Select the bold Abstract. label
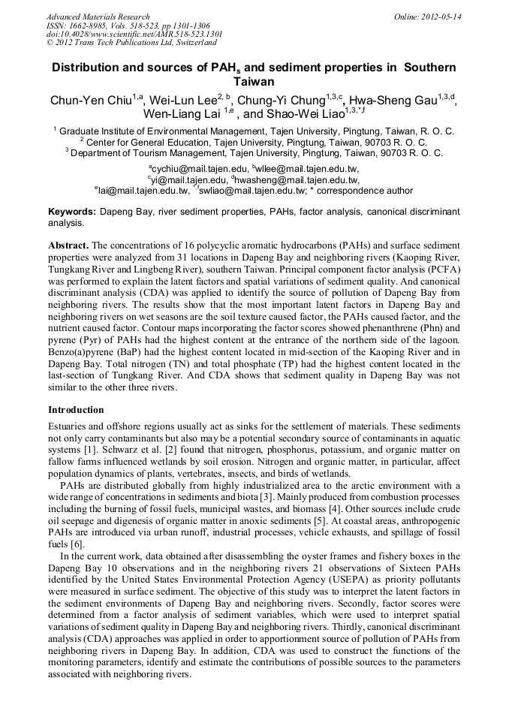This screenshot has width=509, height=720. [x=69, y=246]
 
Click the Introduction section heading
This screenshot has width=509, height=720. [x=76, y=410]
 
